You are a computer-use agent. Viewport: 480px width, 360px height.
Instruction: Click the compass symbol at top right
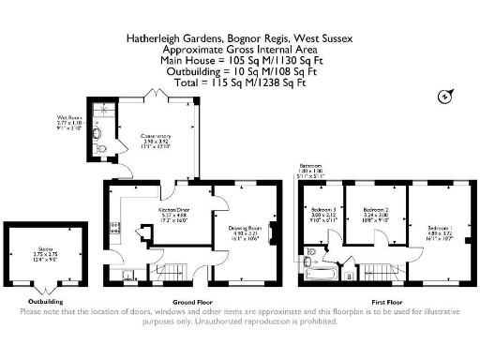click(443, 96)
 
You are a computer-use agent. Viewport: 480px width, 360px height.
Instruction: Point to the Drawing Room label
click(243, 228)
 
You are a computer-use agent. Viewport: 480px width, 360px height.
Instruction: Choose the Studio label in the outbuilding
click(45, 247)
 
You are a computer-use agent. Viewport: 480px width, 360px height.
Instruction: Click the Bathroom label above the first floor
click(311, 166)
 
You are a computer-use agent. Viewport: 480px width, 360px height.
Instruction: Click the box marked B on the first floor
click(349, 276)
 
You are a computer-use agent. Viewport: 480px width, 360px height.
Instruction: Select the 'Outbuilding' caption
click(45, 302)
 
